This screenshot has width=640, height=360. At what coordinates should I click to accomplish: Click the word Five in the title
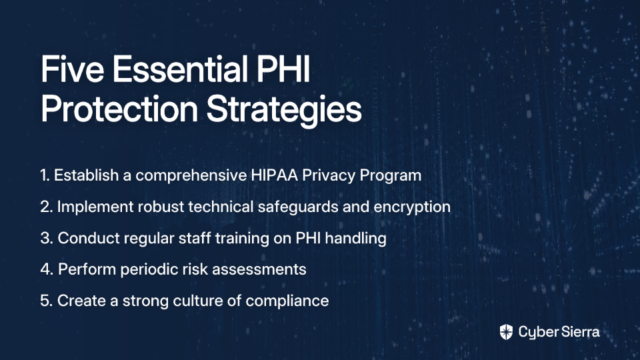(x=72, y=69)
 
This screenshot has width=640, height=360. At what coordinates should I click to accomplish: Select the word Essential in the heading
(x=180, y=69)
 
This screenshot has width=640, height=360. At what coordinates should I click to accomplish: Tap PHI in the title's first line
(x=283, y=69)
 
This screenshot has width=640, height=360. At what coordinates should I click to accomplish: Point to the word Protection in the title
(x=119, y=109)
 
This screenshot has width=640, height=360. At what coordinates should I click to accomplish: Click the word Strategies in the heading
(x=284, y=110)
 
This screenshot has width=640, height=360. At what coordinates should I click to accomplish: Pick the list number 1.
(x=45, y=175)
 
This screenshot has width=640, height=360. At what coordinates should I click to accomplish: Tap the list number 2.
(x=47, y=207)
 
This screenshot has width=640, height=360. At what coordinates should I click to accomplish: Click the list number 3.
(x=47, y=238)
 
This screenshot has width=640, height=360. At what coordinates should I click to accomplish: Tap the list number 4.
(x=47, y=269)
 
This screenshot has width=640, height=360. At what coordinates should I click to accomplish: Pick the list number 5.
(x=47, y=301)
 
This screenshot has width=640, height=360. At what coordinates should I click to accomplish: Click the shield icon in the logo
(x=506, y=332)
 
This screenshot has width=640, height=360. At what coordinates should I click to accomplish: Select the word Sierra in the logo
(x=579, y=332)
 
